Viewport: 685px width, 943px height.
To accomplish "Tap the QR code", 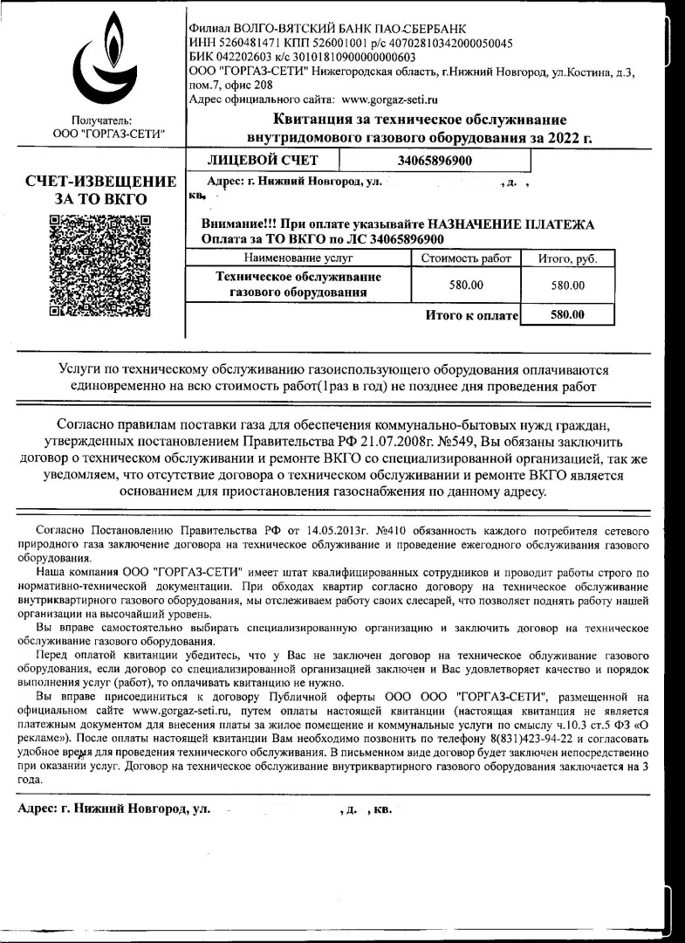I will click(x=102, y=265).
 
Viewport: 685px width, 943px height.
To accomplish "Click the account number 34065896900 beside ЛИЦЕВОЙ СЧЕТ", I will click(x=435, y=161).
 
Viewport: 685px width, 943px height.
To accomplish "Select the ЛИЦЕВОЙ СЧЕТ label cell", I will click(x=263, y=161).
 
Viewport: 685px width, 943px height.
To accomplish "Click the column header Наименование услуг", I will click(x=298, y=258).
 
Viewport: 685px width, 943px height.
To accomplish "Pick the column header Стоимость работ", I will click(x=466, y=258).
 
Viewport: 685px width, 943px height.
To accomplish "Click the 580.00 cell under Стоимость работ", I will click(x=466, y=285).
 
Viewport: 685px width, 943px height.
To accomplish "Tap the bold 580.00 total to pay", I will click(x=568, y=314).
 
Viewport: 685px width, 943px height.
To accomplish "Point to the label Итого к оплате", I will click(x=471, y=315).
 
